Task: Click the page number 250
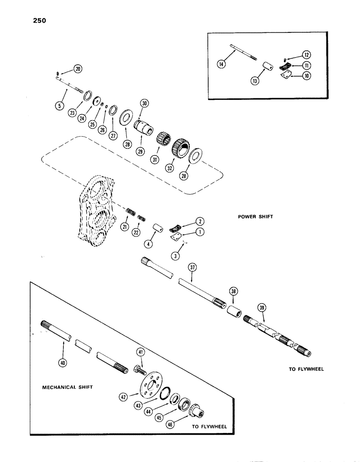click(38, 20)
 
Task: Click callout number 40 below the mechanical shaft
click(62, 350)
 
